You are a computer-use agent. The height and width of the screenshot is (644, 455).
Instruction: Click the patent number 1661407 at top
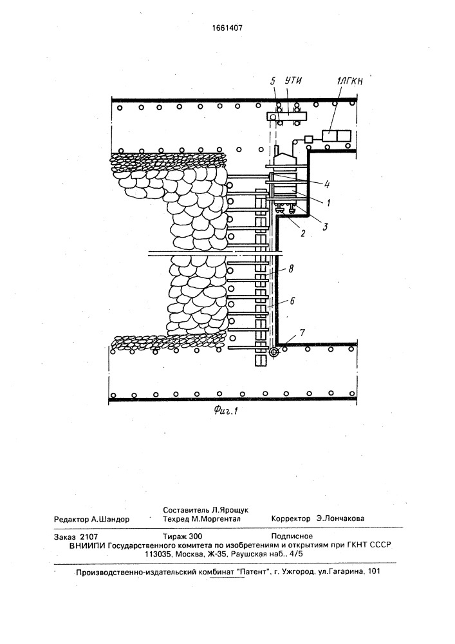(227, 28)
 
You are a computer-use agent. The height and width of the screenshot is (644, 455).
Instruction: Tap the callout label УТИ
(293, 80)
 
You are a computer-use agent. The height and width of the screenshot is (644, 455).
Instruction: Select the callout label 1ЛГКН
(349, 82)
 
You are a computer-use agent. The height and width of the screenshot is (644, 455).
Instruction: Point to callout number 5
(274, 81)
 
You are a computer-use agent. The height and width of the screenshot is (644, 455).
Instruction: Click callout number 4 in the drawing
(326, 184)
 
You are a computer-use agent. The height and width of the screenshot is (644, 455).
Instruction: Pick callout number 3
(325, 226)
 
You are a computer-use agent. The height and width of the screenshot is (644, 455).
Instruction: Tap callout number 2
(302, 234)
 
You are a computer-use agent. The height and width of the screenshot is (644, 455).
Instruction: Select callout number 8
(291, 269)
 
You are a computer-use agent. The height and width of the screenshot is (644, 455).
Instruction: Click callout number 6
(292, 301)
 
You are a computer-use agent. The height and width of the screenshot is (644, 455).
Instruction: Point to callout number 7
(302, 333)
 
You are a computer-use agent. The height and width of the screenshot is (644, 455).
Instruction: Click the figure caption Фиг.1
(226, 410)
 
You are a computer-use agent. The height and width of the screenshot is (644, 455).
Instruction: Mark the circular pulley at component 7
(274, 352)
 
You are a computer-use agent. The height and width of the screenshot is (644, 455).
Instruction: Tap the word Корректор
(291, 518)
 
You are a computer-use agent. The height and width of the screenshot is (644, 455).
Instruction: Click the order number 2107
(89, 536)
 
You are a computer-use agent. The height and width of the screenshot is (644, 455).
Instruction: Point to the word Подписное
(292, 536)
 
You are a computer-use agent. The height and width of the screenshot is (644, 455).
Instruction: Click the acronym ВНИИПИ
(87, 545)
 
